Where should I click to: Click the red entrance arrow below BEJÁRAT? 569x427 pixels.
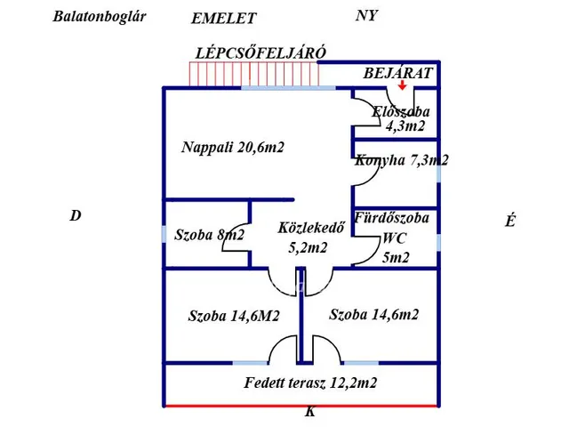(x=403, y=85)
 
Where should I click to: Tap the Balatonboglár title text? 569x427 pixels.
(x=100, y=16)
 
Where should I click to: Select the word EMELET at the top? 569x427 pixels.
(x=224, y=19)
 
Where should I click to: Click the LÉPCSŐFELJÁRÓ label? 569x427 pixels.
(x=260, y=52)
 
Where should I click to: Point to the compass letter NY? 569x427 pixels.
(x=366, y=16)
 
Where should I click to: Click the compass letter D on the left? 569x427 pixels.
(x=76, y=215)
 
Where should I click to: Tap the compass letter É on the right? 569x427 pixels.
(x=509, y=222)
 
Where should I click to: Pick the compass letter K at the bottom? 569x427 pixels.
(x=309, y=412)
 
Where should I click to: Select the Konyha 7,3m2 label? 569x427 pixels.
(x=401, y=161)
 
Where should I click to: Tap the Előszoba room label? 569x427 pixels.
(x=401, y=112)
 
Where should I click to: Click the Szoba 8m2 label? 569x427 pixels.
(x=209, y=235)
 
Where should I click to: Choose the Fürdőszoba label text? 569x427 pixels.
(x=391, y=218)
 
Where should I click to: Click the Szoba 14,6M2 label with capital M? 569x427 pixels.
(x=234, y=316)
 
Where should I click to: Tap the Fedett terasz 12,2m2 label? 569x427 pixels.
(x=310, y=383)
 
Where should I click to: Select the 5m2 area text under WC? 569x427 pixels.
(x=396, y=258)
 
